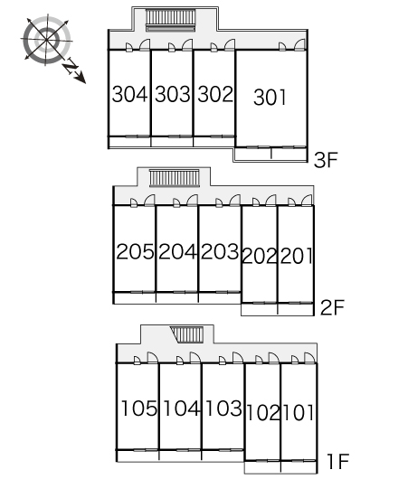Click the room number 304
click(129, 94)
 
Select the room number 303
click(173, 94)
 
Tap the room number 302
click(215, 94)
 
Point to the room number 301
click(270, 98)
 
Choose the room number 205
click(135, 252)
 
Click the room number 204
click(177, 252)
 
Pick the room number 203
click(220, 252)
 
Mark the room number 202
click(260, 256)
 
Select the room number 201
click(296, 256)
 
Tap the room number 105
click(139, 409)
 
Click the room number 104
click(182, 409)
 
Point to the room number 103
click(224, 409)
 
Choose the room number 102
click(263, 413)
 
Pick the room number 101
click(299, 413)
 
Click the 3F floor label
click(326, 160)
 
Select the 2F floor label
click(332, 307)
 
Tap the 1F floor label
click(338, 461)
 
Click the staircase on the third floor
click(170, 20)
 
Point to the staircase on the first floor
click(187, 334)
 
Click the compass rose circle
click(46, 40)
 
